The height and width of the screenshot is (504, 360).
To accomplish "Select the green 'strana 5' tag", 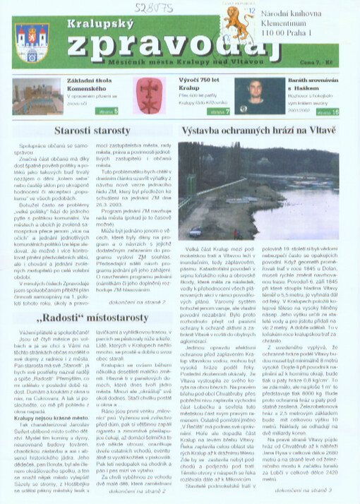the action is point(108,112).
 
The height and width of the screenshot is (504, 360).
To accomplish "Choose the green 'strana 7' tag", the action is point(220,112).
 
